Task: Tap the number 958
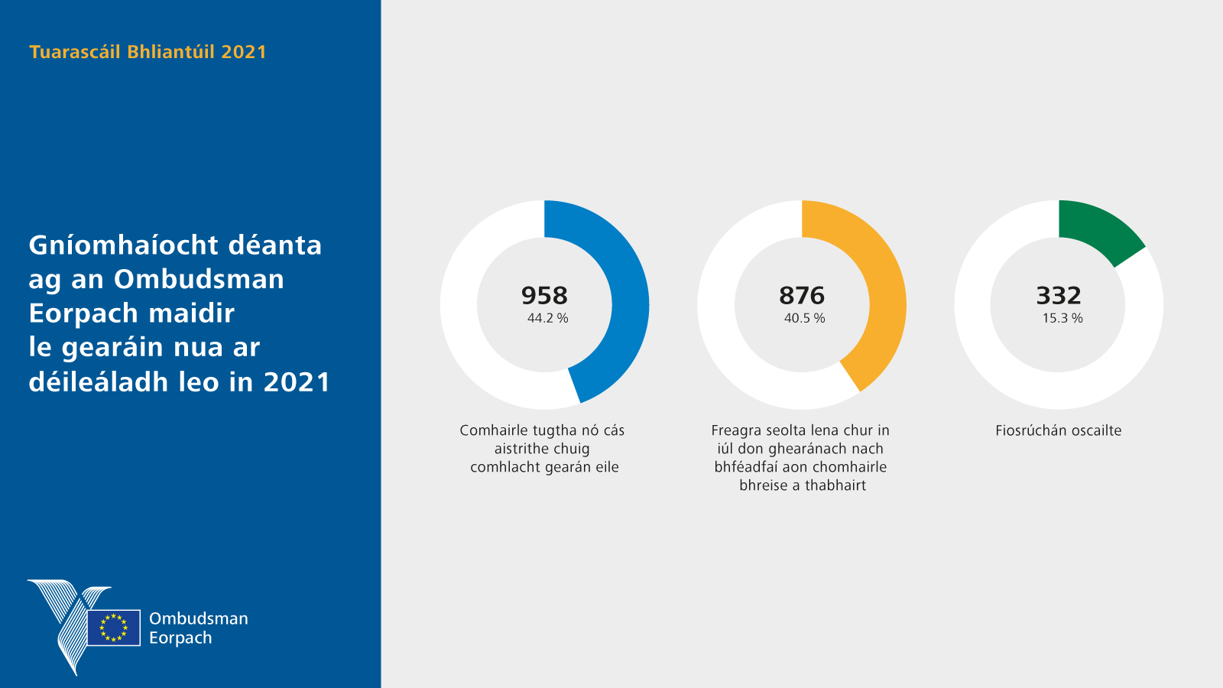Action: (x=544, y=295)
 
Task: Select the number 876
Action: (x=802, y=295)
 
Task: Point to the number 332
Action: (x=1059, y=295)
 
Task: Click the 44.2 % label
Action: (x=547, y=318)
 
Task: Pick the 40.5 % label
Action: (x=804, y=318)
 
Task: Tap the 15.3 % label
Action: (x=1062, y=318)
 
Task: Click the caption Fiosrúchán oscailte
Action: (x=1059, y=430)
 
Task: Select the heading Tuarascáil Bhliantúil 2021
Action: (x=148, y=52)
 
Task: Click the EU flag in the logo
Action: (x=114, y=628)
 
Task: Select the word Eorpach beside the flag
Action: (x=180, y=638)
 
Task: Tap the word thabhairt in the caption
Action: (x=835, y=485)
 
